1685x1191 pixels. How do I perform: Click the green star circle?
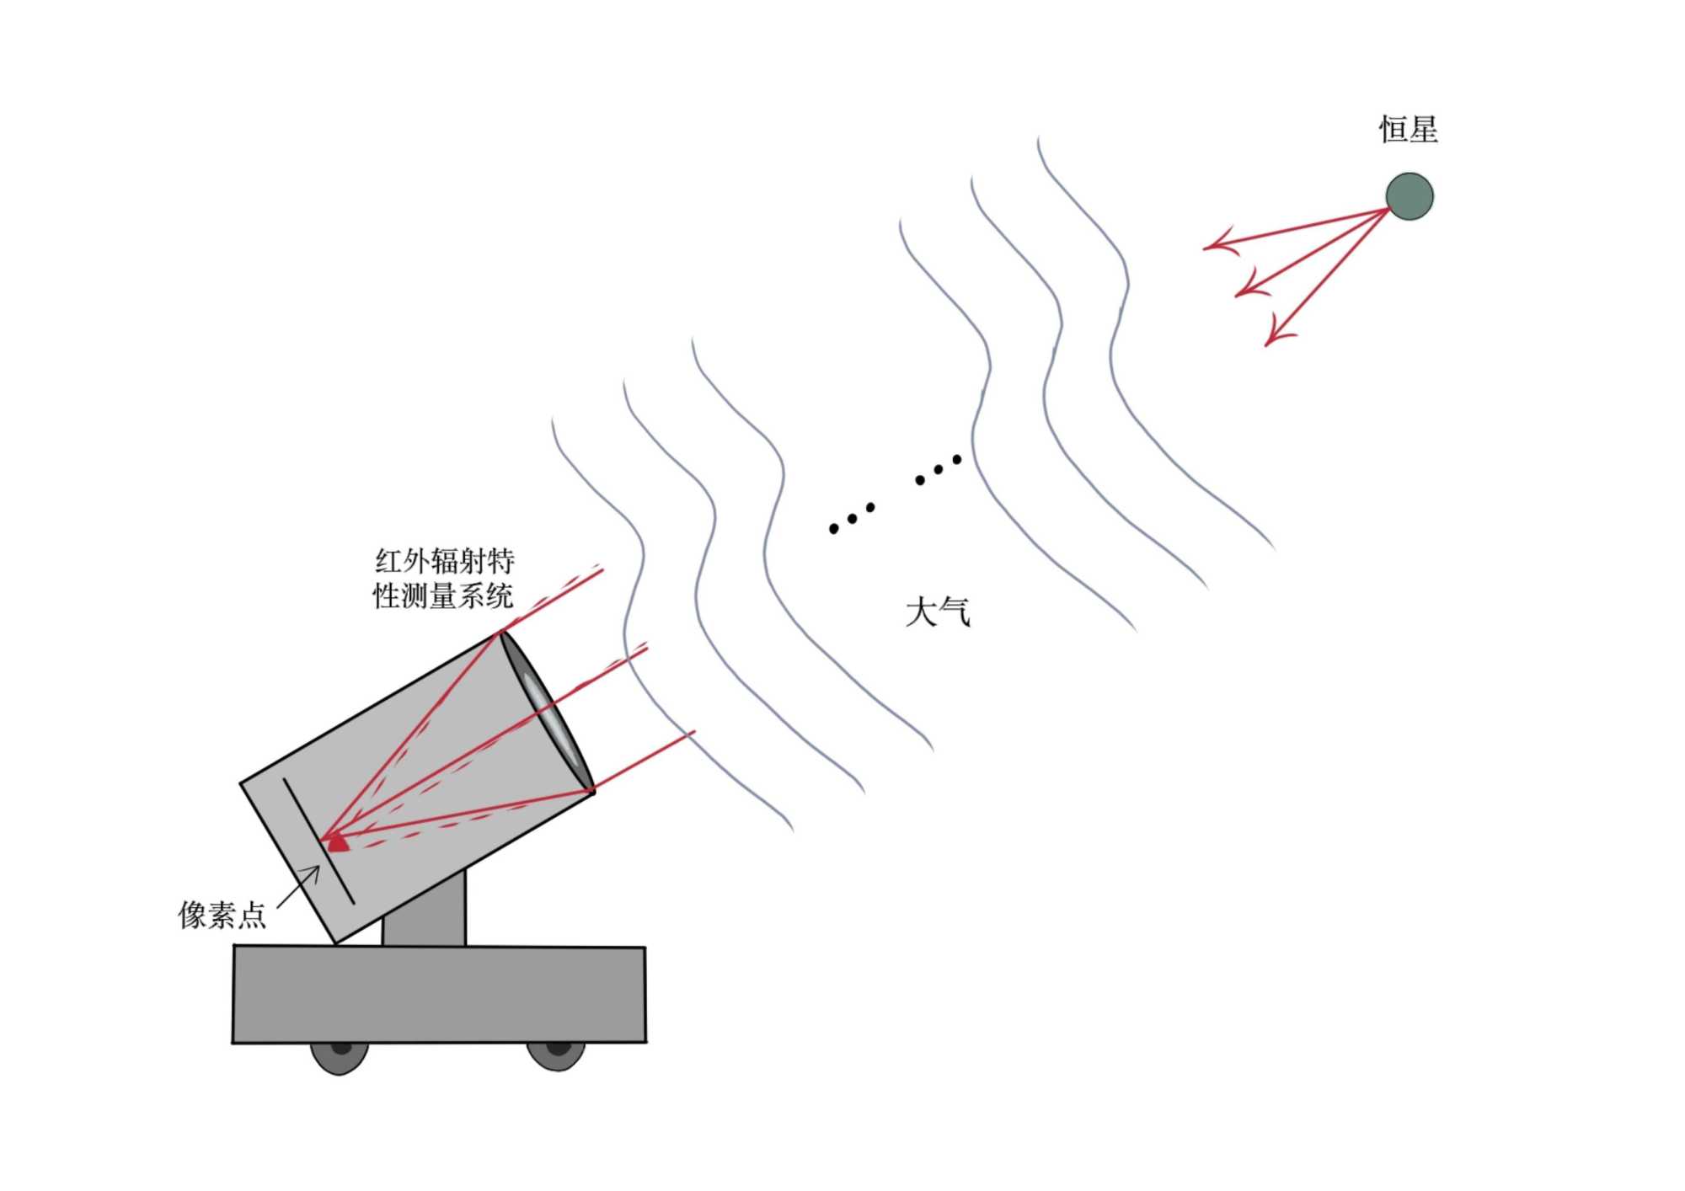pyautogui.click(x=1410, y=196)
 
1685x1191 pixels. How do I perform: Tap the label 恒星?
pyautogui.click(x=1408, y=130)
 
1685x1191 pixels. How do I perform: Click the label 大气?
pyautogui.click(x=937, y=612)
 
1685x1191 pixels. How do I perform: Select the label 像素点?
pyautogui.click(x=222, y=915)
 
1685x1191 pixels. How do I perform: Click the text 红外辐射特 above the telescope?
pyautogui.click(x=444, y=561)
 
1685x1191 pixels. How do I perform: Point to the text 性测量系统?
pyautogui.click(x=443, y=596)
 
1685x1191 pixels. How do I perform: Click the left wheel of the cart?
pyautogui.click(x=340, y=1055)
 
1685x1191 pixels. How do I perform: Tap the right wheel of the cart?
pyautogui.click(x=556, y=1054)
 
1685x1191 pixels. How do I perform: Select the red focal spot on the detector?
pyautogui.click(x=338, y=842)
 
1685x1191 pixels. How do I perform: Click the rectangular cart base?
pyautogui.click(x=439, y=994)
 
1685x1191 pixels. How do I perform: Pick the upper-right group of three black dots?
pyautogui.click(x=938, y=470)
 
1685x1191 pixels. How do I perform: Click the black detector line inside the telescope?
pyautogui.click(x=318, y=841)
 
